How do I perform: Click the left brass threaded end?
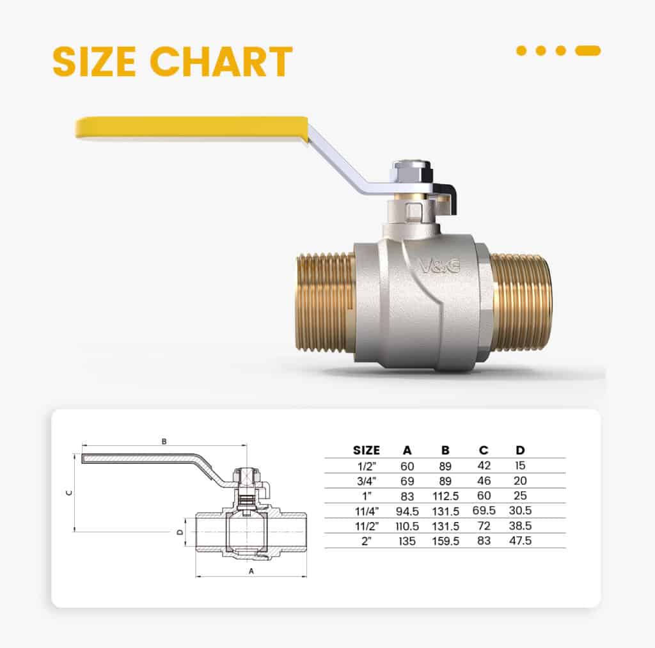coord(326,302)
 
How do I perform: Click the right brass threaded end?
coord(522,302)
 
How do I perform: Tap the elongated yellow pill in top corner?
coord(587,51)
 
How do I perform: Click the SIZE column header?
coord(366,450)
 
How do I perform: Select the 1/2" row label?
coord(366,466)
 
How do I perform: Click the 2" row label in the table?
coord(366,541)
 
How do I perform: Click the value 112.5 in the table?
coord(445,496)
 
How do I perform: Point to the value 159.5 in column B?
coord(445,541)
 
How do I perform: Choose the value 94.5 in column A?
coord(407,511)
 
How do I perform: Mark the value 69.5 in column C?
coord(484,511)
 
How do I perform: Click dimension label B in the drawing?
coord(164,441)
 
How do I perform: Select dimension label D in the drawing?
coord(180,532)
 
